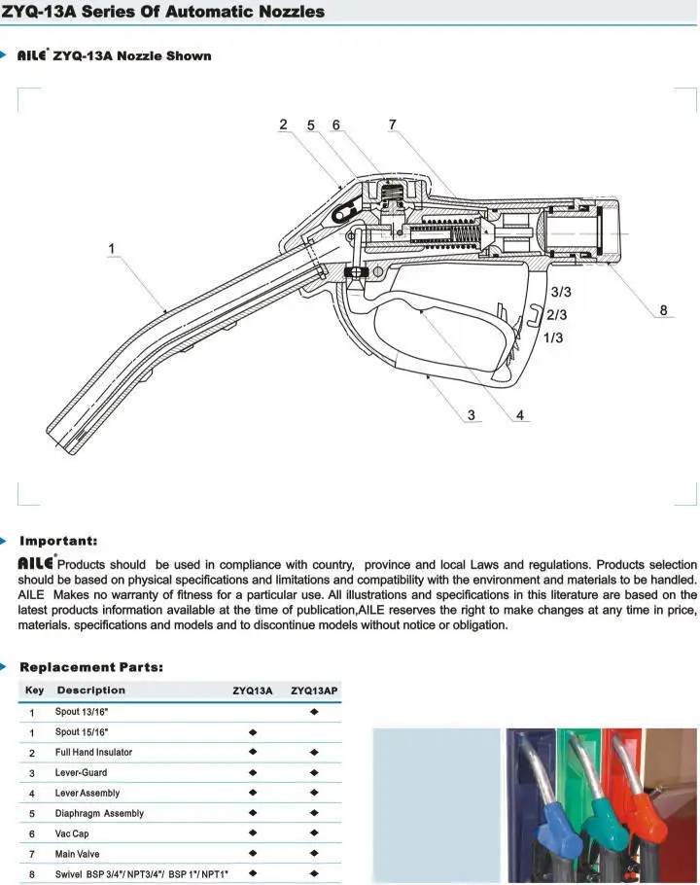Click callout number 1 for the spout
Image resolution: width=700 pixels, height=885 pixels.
point(112,249)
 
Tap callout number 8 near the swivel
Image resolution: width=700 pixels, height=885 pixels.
point(664,311)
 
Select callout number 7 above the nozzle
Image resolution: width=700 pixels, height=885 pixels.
point(392,125)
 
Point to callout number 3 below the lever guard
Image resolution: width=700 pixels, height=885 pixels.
point(472,415)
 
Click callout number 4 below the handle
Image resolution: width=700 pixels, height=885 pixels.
point(520,415)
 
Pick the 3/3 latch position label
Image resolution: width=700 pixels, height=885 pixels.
point(561,292)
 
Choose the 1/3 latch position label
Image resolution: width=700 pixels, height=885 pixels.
point(553,337)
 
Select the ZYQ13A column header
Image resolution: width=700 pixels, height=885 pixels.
point(252,690)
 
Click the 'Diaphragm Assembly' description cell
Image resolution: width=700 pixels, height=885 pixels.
point(99,813)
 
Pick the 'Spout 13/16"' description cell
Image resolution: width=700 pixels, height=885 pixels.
point(82,712)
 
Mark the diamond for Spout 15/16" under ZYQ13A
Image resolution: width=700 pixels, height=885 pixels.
point(253,732)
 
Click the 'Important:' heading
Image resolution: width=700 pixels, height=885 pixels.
point(58,541)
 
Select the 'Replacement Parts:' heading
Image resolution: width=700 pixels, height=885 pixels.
point(91,667)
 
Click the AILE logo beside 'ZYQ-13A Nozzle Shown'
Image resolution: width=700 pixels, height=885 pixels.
point(32,56)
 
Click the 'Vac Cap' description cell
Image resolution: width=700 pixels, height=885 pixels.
point(72,833)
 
